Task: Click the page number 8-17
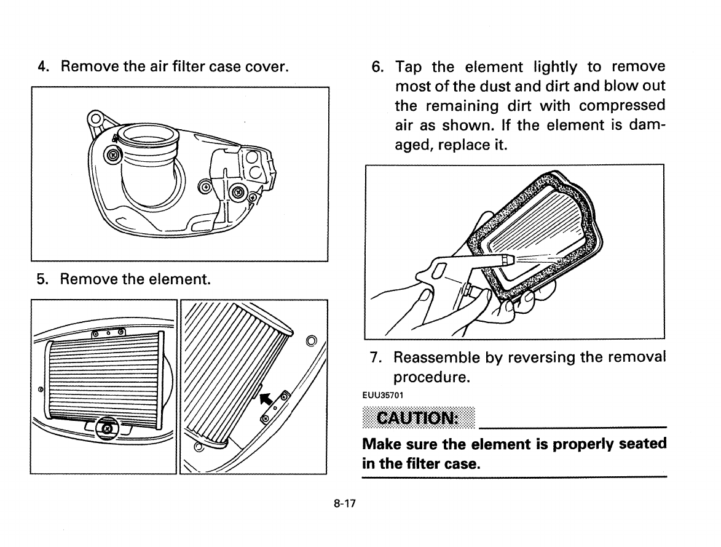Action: coord(345,503)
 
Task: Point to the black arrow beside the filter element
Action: coord(266,398)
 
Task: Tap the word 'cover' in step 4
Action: coord(268,65)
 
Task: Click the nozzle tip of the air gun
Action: coord(506,260)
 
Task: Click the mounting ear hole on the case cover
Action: coord(93,116)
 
